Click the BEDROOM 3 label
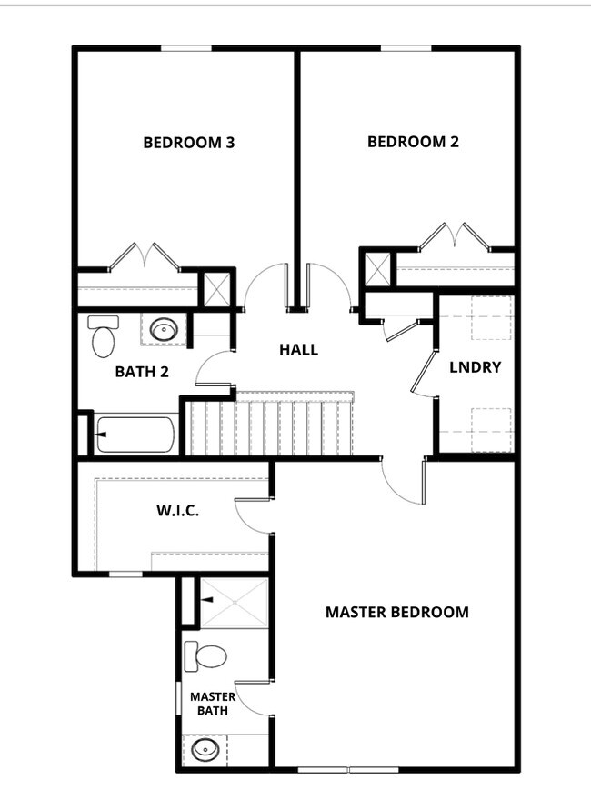click(x=189, y=142)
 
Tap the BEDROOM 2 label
click(x=413, y=142)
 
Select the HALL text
click(x=298, y=349)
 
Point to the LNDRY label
click(x=476, y=367)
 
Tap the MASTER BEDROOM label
click(x=397, y=612)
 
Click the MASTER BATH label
click(x=213, y=704)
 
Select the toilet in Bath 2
click(x=103, y=335)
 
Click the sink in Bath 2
click(x=164, y=329)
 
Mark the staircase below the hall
click(x=273, y=423)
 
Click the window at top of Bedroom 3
click(x=186, y=48)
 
